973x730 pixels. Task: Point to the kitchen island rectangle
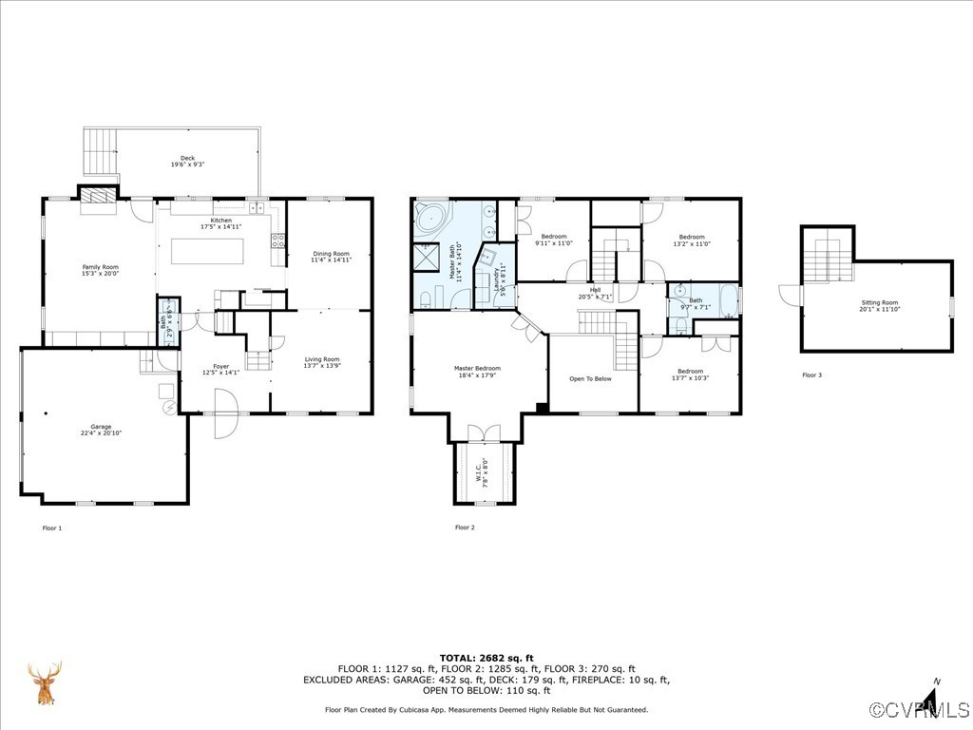[207, 251]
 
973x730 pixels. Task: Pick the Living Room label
[321, 361]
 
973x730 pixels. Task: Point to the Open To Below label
[590, 378]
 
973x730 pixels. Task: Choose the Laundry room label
[499, 279]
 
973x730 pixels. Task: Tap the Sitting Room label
[879, 304]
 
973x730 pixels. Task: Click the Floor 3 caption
[811, 375]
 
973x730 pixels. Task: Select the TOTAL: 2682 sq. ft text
[486, 658]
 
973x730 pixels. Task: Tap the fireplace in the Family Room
[95, 195]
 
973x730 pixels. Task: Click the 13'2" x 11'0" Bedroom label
[691, 240]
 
